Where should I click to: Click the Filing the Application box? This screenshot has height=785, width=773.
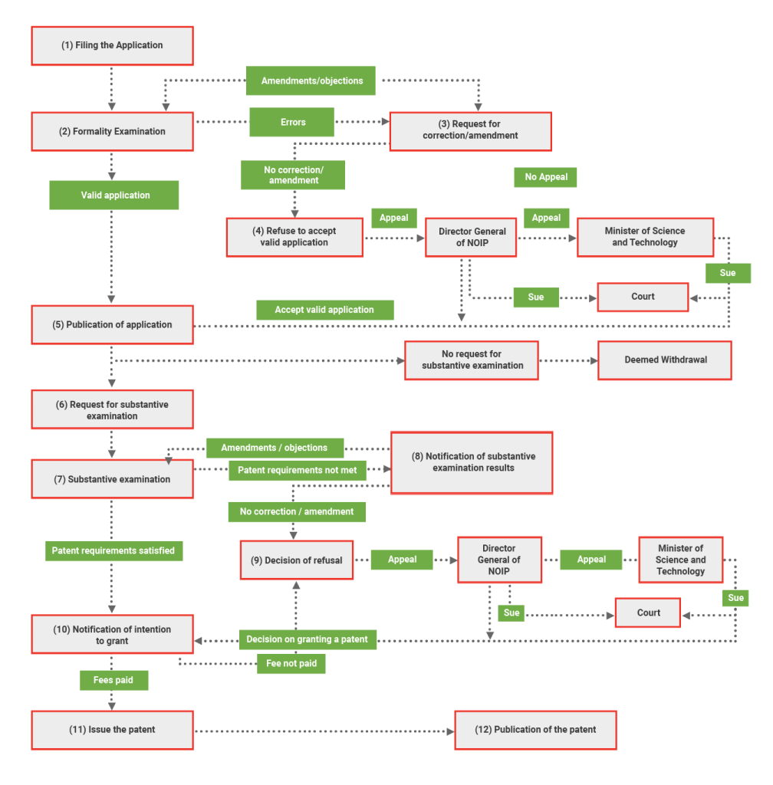pos(112,45)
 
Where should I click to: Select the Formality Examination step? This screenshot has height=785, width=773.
pos(112,131)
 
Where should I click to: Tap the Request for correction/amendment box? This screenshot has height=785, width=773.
pos(470,130)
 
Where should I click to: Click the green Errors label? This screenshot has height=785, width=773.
pos(292,122)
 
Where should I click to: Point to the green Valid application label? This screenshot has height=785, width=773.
pos(114,195)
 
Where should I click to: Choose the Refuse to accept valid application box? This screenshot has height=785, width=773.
pos(294,237)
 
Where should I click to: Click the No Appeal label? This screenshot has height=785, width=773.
pos(545,177)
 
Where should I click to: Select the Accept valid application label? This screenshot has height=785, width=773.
pos(324,310)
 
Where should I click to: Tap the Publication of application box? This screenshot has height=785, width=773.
pos(112,324)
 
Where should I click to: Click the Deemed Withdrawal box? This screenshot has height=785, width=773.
pos(664,360)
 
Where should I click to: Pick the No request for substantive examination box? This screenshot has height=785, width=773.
pos(472,360)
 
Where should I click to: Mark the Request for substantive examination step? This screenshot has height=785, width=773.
pos(112,410)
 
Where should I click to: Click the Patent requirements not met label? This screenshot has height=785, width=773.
pos(297,470)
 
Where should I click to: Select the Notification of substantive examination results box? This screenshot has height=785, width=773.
pos(472,462)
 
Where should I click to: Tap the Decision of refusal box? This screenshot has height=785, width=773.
pos(297,560)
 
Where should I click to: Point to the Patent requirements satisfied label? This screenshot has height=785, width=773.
pos(113,550)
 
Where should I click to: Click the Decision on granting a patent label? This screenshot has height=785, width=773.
pos(307,639)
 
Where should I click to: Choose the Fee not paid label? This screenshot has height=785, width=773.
pos(291,663)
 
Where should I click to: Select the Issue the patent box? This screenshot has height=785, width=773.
pos(112,730)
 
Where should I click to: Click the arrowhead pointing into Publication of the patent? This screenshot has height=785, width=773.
pos(449,731)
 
